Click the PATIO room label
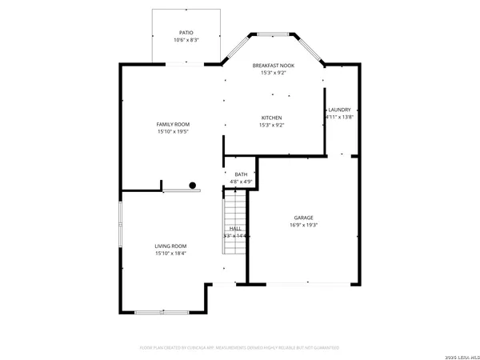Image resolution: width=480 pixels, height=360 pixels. coord(186,33)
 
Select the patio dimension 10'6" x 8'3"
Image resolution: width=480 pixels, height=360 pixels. coord(186,40)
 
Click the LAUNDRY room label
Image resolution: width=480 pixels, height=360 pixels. coord(339,110)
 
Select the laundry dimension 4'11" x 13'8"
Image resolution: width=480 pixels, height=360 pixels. coord(339,117)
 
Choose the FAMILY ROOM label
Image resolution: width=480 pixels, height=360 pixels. coord(172,124)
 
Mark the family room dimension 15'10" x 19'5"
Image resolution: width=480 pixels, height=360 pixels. coord(172,131)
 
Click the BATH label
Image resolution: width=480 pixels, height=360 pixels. coord(241,174)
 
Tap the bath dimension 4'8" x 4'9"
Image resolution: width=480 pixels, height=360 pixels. coord(241,182)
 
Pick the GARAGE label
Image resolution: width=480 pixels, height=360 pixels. coord(303,218)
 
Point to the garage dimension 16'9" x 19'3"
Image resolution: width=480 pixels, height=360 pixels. coord(303,225)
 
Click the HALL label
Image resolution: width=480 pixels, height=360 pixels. coord(236,229)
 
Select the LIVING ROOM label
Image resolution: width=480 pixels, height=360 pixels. coord(170,246)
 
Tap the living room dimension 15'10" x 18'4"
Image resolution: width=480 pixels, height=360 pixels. coord(170,253)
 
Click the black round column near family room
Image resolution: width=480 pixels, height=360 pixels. coord(193,186)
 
